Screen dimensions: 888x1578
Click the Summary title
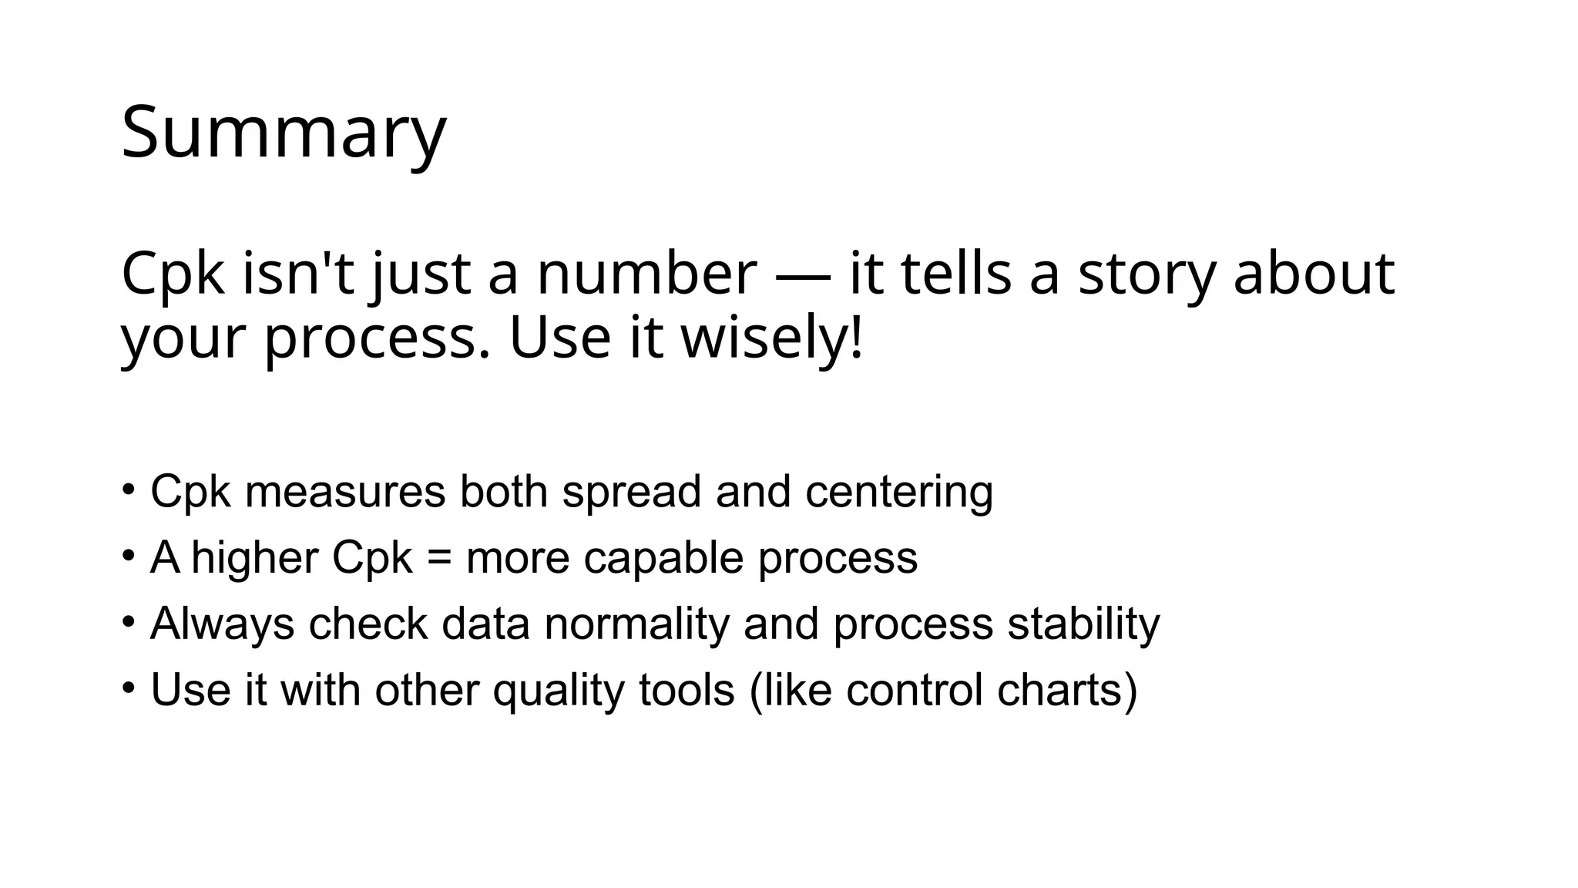point(284,133)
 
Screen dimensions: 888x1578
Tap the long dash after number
point(803,276)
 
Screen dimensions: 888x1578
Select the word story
point(1147,276)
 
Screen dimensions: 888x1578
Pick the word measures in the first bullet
point(344,491)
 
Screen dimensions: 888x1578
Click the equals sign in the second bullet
point(439,557)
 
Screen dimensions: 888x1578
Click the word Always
point(222,624)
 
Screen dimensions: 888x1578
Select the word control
point(914,689)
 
